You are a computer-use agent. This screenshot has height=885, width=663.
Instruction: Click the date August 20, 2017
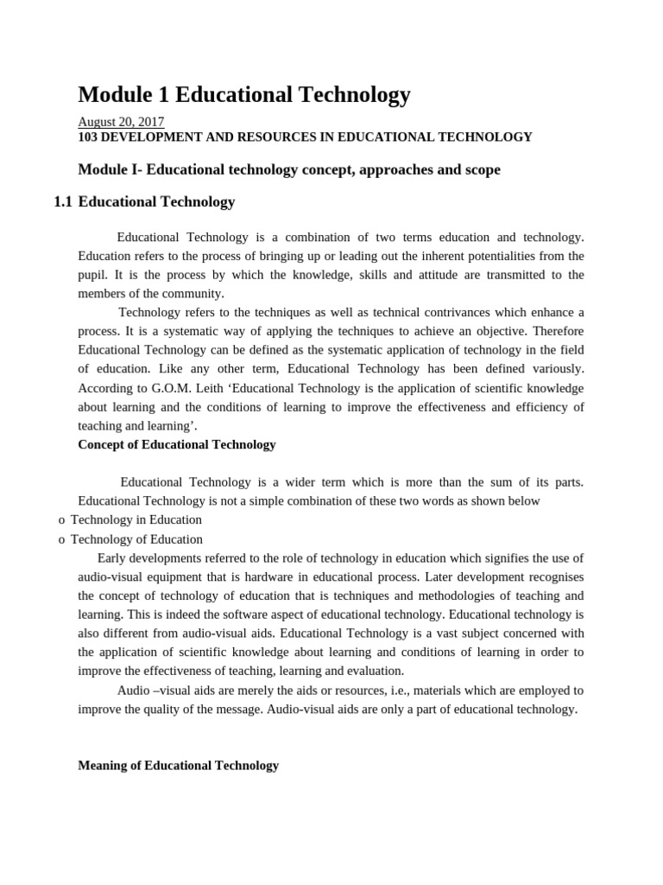[121, 122]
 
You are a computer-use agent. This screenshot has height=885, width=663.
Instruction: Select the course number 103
[89, 137]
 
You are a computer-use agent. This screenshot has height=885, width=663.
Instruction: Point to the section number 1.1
[62, 202]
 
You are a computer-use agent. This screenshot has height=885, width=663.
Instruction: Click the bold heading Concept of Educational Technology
[177, 444]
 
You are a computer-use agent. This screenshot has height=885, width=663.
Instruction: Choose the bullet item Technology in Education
[136, 519]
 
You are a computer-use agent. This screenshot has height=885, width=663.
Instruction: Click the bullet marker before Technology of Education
[61, 539]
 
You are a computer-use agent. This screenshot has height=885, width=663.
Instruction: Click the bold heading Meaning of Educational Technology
[179, 765]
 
